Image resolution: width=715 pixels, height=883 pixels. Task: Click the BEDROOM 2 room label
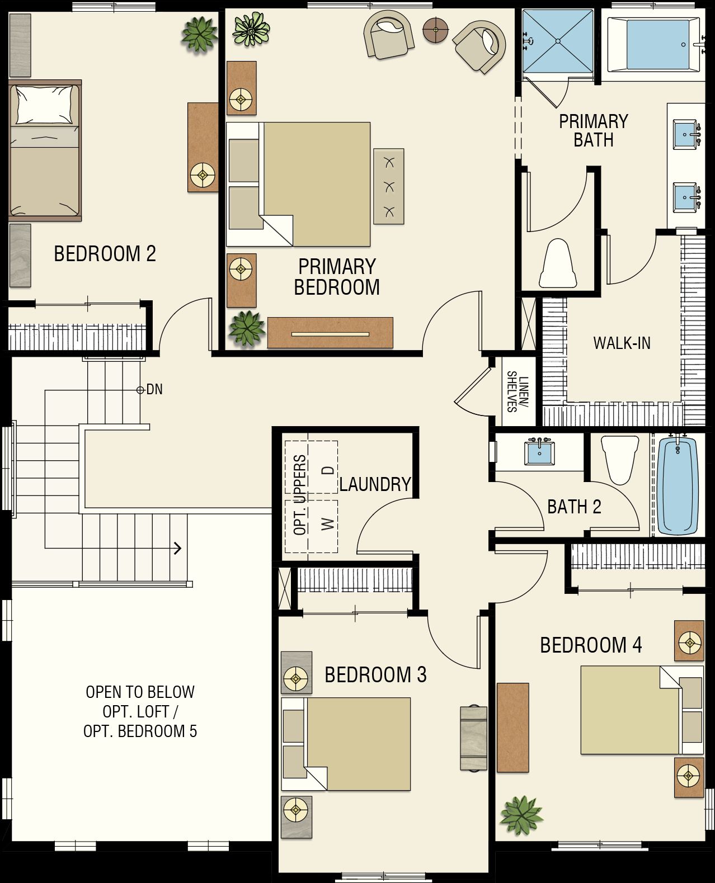105,254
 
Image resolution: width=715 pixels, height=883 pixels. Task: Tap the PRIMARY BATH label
594,131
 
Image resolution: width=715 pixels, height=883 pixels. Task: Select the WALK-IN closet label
622,343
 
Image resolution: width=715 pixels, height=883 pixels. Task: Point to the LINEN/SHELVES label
518,391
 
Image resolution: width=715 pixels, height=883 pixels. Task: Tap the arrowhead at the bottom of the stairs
178,548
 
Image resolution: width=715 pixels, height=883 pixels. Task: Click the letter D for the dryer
328,470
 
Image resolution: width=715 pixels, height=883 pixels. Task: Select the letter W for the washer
328,524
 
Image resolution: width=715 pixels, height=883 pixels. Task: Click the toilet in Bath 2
620,460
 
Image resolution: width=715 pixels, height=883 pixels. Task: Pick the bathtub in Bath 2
678,485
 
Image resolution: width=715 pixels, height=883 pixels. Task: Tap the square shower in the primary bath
558,41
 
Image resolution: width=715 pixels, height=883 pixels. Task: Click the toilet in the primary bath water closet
558,263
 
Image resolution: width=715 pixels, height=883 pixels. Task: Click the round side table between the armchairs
435,30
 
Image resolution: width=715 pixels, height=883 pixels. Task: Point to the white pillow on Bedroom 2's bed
44,105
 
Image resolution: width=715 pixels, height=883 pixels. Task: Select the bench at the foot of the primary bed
389,187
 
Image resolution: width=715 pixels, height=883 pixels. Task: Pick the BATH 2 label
574,507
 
